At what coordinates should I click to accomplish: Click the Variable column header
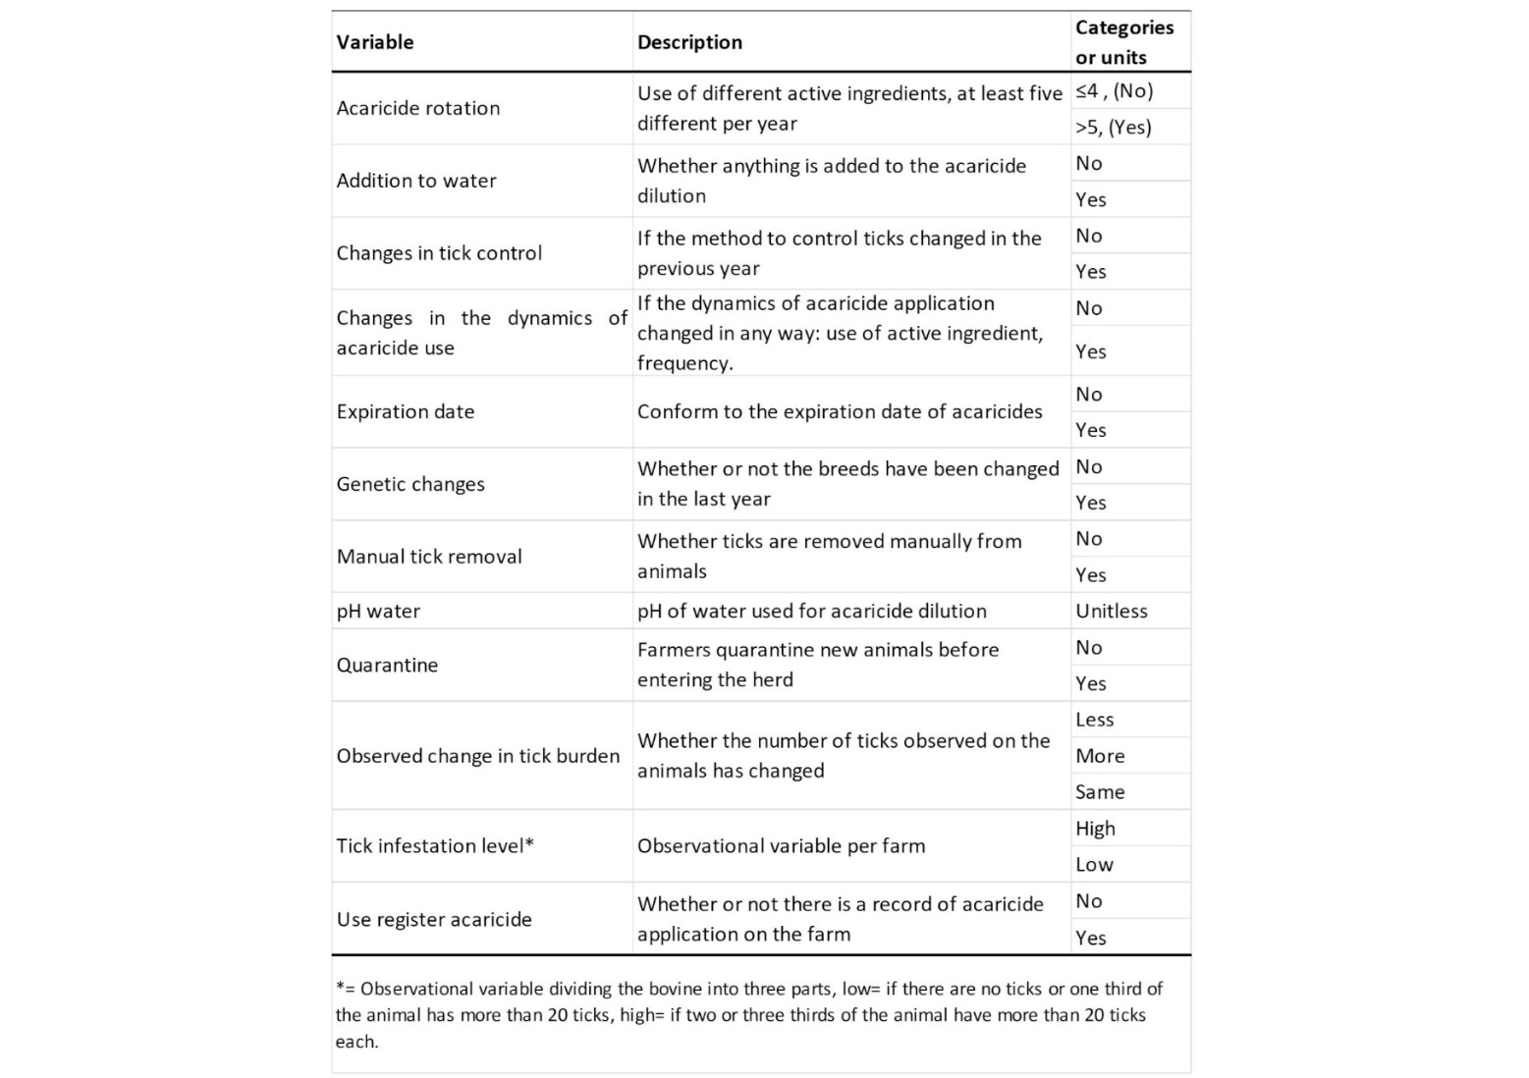tap(375, 42)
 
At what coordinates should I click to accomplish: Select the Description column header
tap(689, 42)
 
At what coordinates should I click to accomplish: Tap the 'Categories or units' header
tap(1123, 42)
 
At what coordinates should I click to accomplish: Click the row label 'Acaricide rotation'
tap(418, 108)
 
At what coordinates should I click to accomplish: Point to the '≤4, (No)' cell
tap(1114, 91)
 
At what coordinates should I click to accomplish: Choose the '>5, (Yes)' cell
tap(1113, 127)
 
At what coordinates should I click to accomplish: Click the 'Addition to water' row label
tap(416, 181)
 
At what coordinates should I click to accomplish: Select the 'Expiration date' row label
tap(406, 411)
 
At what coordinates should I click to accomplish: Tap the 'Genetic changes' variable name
tap(410, 484)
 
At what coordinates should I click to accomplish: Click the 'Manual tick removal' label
tap(429, 557)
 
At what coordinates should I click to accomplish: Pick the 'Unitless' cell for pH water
tap(1111, 611)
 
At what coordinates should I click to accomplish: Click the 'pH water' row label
tap(378, 611)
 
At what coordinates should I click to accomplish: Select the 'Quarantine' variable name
tap(387, 665)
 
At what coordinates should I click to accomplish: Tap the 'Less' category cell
tap(1094, 720)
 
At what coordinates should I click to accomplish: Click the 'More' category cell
tap(1100, 756)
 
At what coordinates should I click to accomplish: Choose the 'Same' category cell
tap(1100, 792)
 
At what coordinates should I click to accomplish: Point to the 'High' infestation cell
tap(1095, 829)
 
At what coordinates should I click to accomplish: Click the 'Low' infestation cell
tap(1094, 865)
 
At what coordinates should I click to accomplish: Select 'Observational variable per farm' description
tap(781, 846)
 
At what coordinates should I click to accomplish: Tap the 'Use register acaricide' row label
tap(434, 920)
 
